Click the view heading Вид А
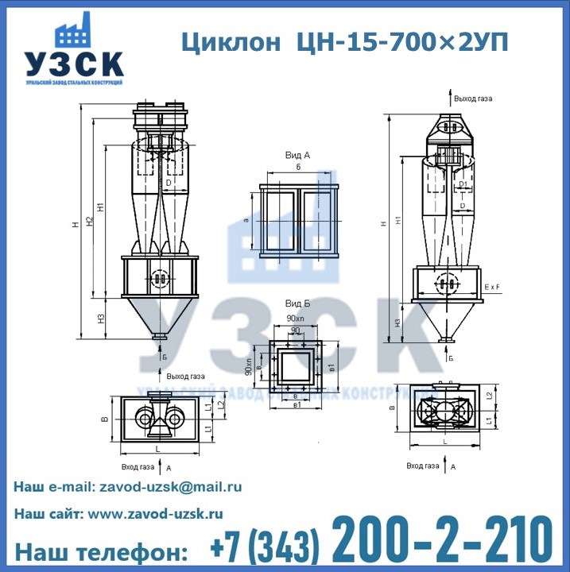297,155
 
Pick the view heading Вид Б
297,305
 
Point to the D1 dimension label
463,184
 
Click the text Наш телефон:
102,551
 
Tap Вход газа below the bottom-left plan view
137,467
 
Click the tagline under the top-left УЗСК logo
73,83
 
